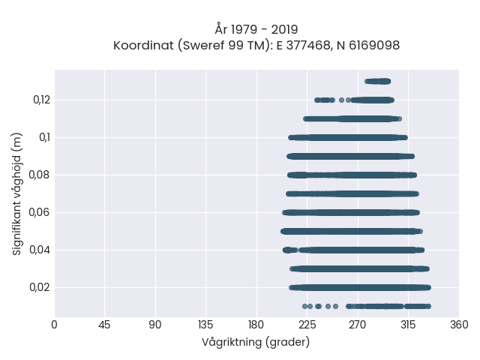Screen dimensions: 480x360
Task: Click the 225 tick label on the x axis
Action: [307, 325]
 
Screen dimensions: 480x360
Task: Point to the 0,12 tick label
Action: [42, 100]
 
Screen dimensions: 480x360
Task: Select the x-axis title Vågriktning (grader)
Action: [256, 342]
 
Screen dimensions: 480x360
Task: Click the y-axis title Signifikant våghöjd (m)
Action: [16, 193]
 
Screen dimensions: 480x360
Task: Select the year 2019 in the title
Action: [284, 30]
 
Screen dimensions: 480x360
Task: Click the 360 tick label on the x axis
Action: [459, 325]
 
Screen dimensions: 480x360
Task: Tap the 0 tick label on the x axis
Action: [54, 325]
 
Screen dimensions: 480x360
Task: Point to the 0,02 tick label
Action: [40, 287]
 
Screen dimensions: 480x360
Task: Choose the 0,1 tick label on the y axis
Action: [44, 137]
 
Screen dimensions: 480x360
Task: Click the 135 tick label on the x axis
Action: [205, 325]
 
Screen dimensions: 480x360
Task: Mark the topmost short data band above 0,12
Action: [378, 81]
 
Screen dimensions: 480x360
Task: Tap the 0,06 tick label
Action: [40, 212]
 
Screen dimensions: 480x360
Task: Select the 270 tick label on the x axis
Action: [358, 325]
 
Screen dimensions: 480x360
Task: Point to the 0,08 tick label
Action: [40, 175]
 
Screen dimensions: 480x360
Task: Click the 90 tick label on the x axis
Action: [155, 325]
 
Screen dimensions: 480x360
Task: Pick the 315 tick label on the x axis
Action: [408, 325]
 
